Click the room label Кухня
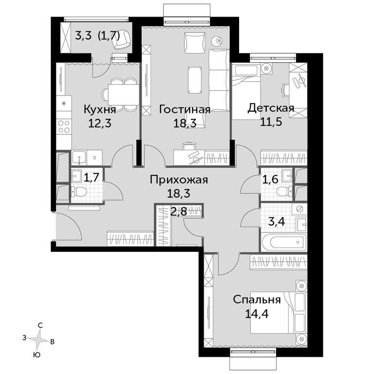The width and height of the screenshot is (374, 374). click(100, 110)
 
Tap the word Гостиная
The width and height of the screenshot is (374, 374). click(185, 110)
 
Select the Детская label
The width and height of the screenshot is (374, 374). click(271, 108)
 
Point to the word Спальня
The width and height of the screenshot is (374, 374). click(257, 299)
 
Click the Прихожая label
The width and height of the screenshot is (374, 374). click(179, 180)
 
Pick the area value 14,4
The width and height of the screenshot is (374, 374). click(257, 314)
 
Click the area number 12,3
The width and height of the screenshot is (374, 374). click(100, 124)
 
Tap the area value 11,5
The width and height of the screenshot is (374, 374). click(271, 122)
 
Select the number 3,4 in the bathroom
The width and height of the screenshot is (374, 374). click(277, 222)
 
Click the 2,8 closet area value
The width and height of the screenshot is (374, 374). click(179, 211)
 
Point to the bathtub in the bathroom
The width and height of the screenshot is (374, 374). click(283, 243)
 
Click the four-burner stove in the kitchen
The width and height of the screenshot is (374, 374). click(64, 127)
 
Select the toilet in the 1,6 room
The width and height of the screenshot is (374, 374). click(284, 191)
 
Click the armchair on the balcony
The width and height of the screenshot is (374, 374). click(122, 39)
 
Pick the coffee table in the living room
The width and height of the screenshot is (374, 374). click(195, 80)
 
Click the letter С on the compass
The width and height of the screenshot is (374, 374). click(40, 325)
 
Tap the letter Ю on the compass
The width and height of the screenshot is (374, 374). click(37, 355)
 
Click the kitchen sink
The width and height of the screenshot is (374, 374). click(79, 158)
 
